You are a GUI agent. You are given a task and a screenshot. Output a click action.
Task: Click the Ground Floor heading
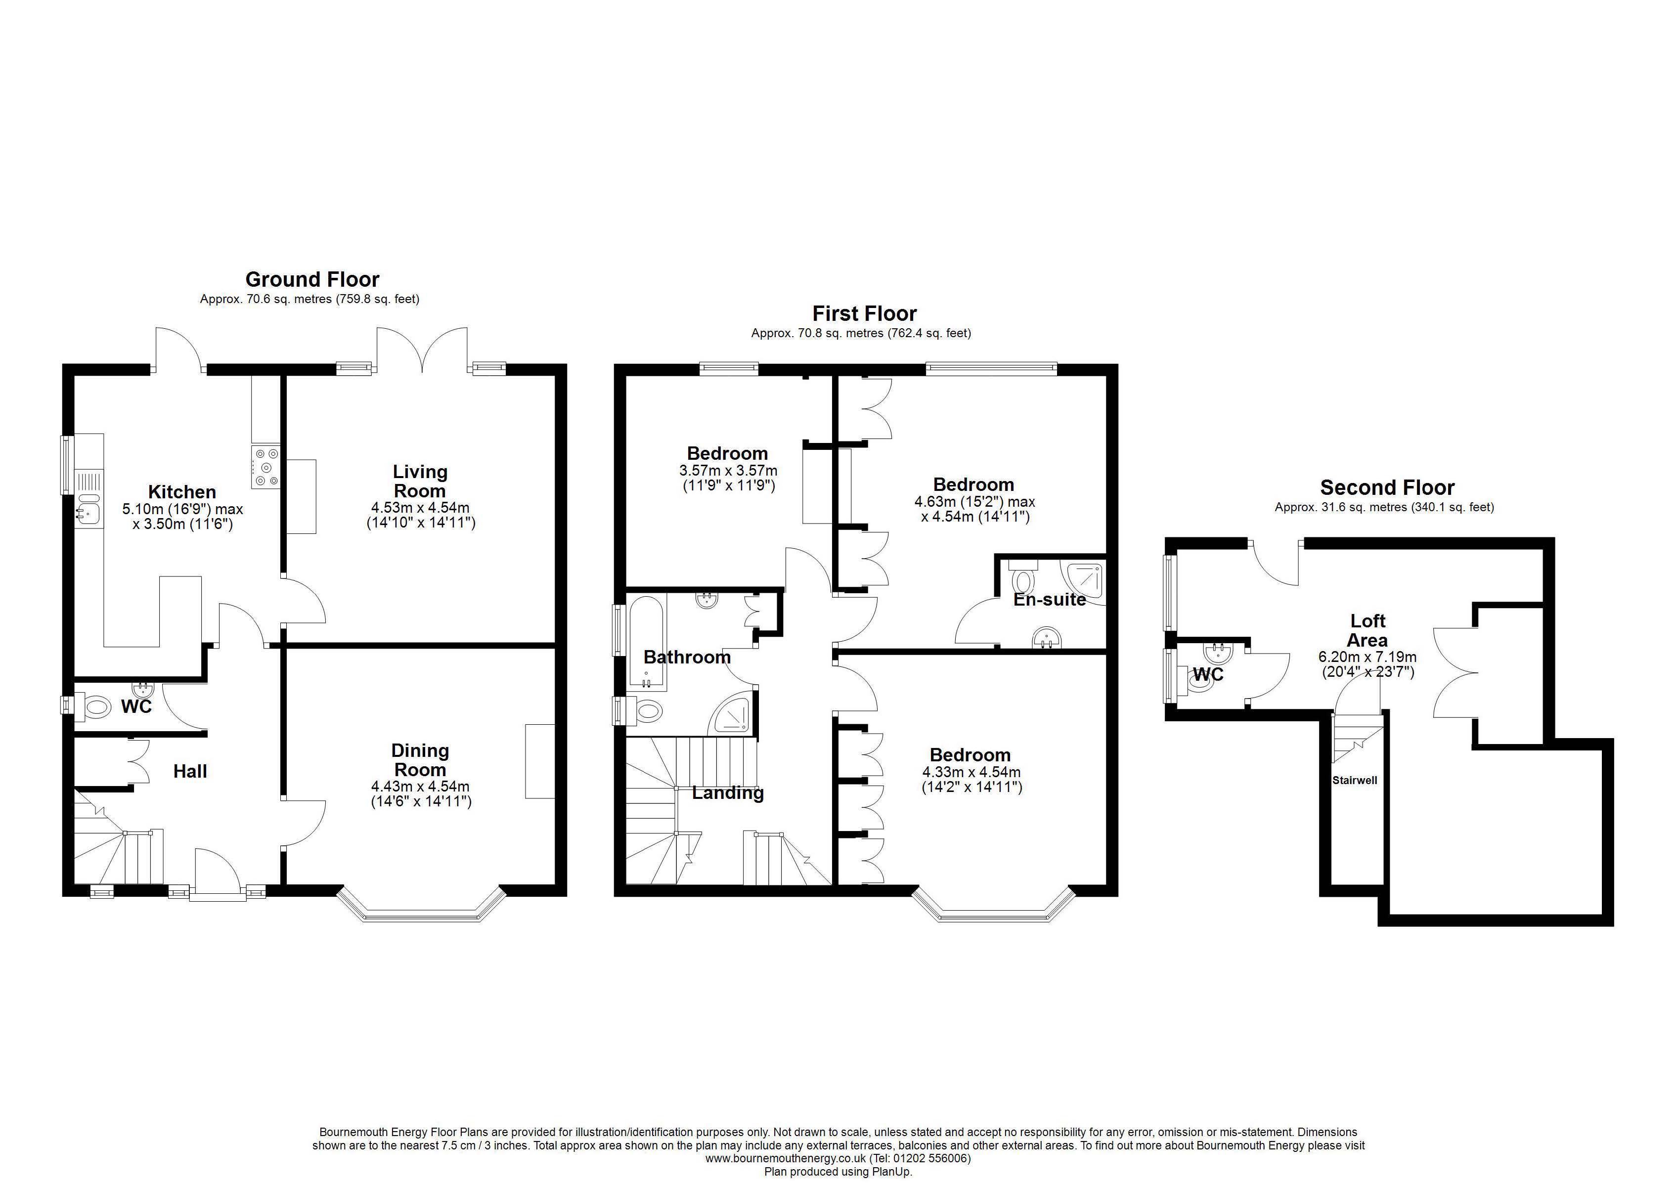[312, 279]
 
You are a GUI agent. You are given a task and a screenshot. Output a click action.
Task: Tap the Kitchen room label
[182, 492]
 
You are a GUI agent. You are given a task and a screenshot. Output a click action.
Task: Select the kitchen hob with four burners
[266, 466]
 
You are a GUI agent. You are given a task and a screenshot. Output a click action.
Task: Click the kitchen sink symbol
[88, 509]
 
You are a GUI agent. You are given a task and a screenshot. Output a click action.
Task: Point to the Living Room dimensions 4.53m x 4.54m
[420, 508]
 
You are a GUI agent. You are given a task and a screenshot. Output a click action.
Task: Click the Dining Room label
[420, 760]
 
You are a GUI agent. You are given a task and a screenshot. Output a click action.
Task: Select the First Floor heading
[864, 313]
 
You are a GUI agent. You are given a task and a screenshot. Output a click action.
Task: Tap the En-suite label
[1050, 600]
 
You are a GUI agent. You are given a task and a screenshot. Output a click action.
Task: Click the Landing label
[727, 792]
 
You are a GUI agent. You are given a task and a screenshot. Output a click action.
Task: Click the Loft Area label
[1368, 630]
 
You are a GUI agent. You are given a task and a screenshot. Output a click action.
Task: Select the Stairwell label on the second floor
[1354, 780]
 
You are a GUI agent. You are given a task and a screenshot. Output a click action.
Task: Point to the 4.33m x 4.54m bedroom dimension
[971, 772]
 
